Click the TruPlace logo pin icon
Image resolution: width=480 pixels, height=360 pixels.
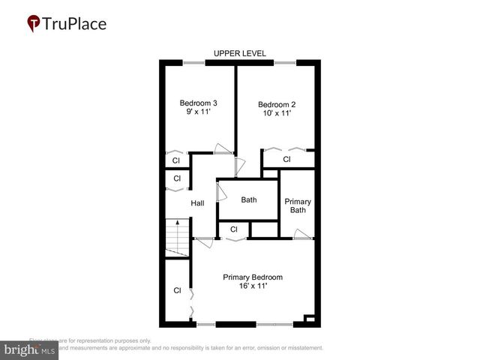pyautogui.click(x=33, y=24)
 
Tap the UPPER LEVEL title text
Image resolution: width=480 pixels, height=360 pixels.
pyautogui.click(x=240, y=53)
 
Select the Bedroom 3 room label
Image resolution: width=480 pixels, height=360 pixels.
pyautogui.click(x=198, y=103)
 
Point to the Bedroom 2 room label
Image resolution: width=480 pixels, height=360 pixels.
pyautogui.click(x=277, y=104)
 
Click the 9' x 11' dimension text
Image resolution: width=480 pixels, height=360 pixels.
pyautogui.click(x=198, y=112)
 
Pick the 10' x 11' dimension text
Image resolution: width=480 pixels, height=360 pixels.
pyautogui.click(x=277, y=113)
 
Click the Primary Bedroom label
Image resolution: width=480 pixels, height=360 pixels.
pyautogui.click(x=253, y=277)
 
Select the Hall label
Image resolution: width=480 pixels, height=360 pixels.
pyautogui.click(x=197, y=203)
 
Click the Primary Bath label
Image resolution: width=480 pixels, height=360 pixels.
pyautogui.click(x=298, y=205)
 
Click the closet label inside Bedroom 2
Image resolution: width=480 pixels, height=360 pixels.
pyautogui.click(x=286, y=160)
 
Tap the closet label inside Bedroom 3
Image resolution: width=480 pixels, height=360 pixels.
pyautogui.click(x=176, y=160)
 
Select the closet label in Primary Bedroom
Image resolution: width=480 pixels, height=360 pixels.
pyautogui.click(x=178, y=290)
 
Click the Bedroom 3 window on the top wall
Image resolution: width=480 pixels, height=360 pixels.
pyautogui.click(x=194, y=62)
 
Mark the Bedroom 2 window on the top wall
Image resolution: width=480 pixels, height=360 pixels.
pyautogui.click(x=284, y=62)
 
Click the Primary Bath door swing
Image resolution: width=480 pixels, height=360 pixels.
pyautogui.click(x=302, y=234)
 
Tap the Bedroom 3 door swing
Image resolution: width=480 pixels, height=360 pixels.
pyautogui.click(x=222, y=148)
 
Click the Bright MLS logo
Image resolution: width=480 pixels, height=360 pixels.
pyautogui.click(x=30, y=349)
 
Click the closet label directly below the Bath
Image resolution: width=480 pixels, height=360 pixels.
pyautogui.click(x=234, y=229)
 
